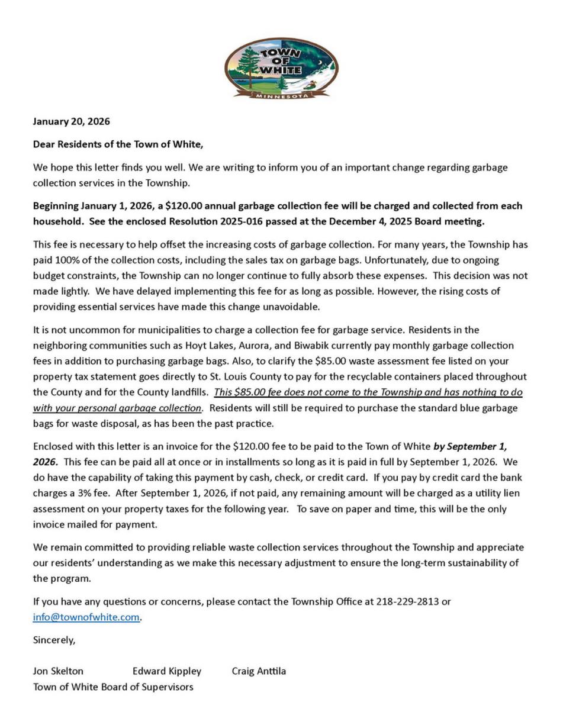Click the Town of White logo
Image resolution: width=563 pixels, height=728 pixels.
point(281,67)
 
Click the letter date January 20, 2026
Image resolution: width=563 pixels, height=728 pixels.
point(71,121)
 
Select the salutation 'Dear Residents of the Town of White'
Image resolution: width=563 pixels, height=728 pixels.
point(118,144)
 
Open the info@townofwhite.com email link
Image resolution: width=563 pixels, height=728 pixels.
point(86,617)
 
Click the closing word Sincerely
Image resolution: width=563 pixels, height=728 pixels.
point(54,640)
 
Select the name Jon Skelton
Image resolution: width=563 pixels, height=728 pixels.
point(58,671)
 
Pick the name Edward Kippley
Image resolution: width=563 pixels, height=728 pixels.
point(167,671)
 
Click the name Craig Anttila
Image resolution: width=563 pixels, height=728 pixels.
point(259,671)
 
